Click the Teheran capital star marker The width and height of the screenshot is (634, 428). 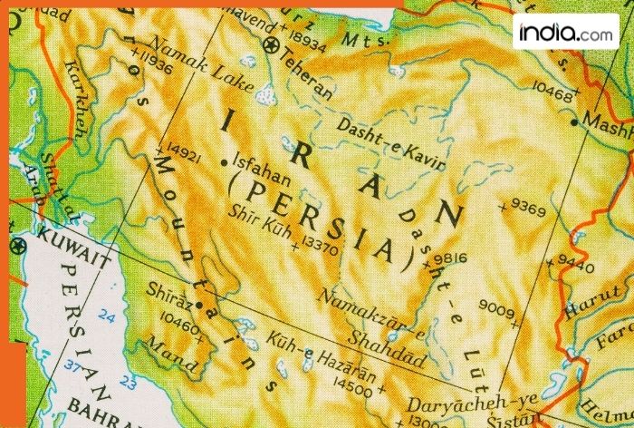point(269,44)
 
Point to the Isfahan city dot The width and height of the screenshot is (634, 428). point(225,162)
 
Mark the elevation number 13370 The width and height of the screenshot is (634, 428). point(320,244)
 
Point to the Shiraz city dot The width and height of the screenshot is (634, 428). point(198,304)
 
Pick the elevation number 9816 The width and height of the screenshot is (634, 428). point(449,258)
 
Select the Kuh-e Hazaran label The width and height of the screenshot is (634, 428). point(308,355)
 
